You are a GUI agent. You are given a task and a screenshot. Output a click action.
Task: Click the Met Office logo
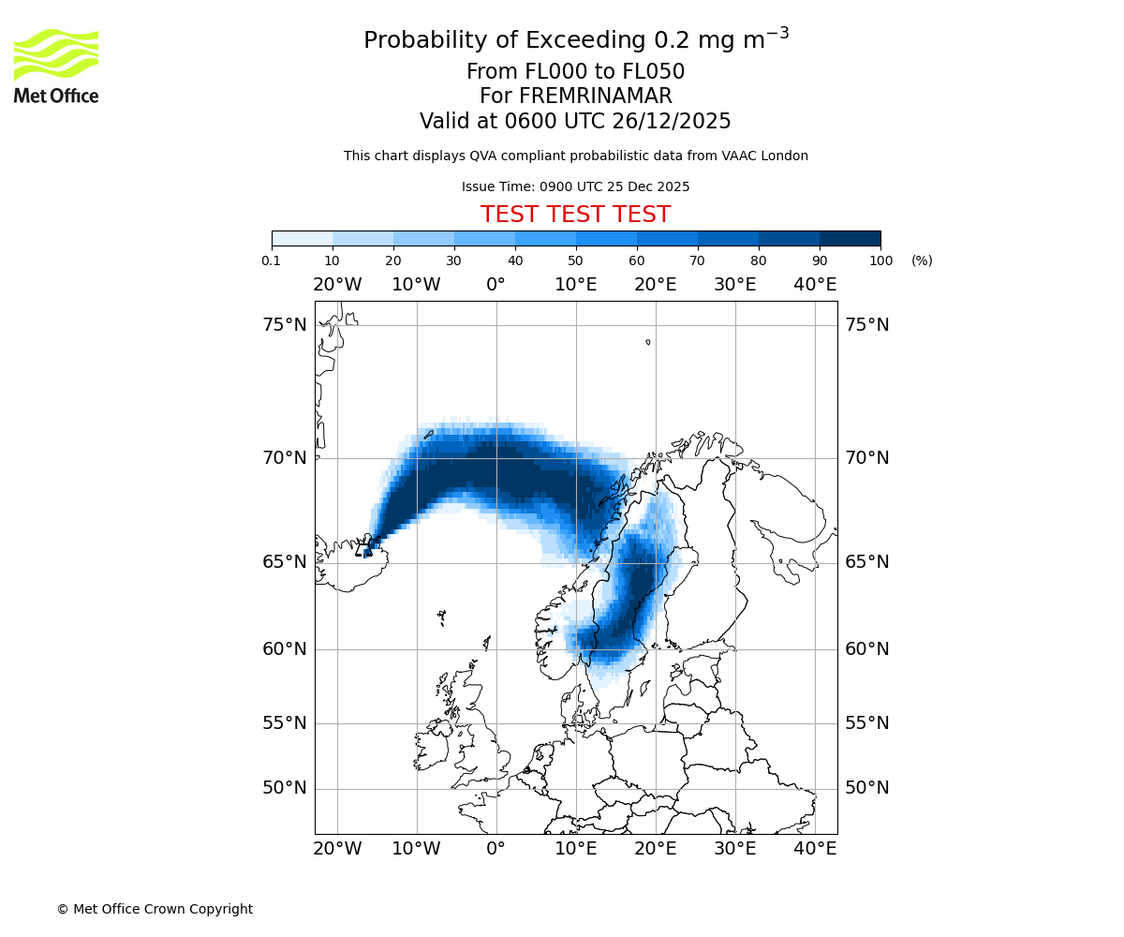[x=56, y=66]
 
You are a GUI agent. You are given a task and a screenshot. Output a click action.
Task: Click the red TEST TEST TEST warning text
[x=575, y=215]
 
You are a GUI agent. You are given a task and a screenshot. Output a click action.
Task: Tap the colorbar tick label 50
[x=576, y=260]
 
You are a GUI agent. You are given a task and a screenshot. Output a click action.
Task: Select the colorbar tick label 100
[x=880, y=260]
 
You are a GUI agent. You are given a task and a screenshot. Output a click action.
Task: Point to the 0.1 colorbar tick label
[x=272, y=260]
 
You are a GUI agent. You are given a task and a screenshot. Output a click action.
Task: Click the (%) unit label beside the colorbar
[x=922, y=260]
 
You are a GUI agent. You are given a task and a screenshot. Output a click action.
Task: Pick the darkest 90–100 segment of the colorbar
[x=850, y=238]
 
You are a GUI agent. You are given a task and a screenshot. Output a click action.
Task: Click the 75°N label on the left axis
[x=284, y=325]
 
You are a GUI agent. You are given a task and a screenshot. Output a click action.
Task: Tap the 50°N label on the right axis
[x=867, y=788]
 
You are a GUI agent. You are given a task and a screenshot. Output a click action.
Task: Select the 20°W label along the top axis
[x=337, y=285]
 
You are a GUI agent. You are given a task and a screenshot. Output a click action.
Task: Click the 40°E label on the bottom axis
[x=815, y=849]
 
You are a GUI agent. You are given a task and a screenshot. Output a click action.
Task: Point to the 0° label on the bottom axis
[x=496, y=849]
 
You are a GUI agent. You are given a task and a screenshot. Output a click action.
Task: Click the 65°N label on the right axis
[x=867, y=562]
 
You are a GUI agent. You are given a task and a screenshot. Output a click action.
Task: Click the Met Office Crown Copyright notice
[x=155, y=909]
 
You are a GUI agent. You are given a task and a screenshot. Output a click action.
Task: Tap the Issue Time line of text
[x=575, y=186]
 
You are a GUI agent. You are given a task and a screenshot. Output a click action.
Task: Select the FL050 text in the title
[x=653, y=72]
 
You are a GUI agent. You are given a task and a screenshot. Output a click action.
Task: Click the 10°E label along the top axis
[x=576, y=285]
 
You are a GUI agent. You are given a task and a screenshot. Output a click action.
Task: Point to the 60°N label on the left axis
[x=284, y=648]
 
